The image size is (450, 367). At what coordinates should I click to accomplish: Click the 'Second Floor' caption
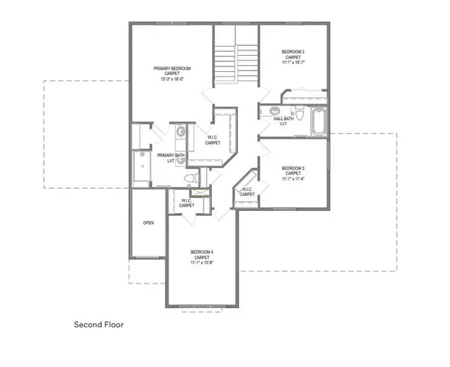click(99, 324)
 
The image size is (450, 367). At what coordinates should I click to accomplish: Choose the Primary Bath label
click(171, 157)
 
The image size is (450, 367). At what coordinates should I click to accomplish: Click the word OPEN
click(148, 223)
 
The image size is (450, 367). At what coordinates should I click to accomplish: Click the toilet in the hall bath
click(302, 114)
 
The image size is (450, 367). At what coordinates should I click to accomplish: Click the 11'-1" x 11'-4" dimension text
click(293, 180)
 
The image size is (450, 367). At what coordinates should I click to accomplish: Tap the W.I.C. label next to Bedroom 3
click(246, 192)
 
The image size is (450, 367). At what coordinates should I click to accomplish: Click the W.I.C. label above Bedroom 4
click(187, 203)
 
